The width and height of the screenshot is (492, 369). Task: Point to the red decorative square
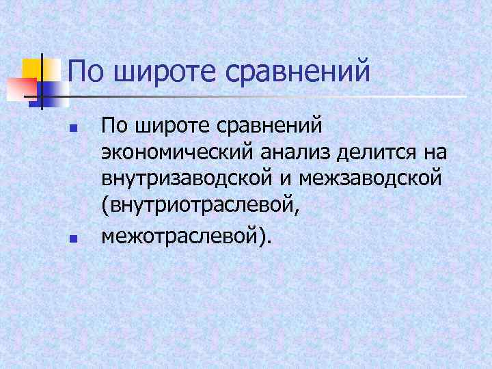click(x=20, y=88)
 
